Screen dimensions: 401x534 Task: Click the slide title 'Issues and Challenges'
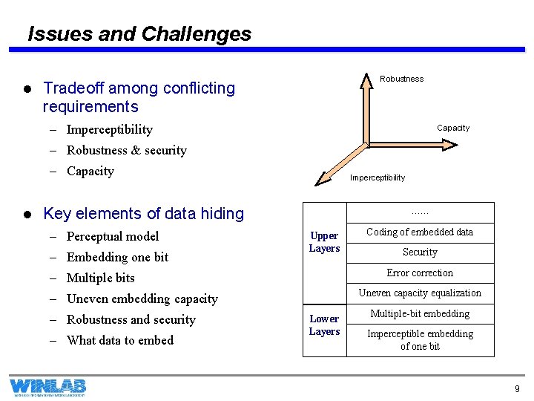[139, 34]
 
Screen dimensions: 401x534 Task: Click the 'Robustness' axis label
[401, 79]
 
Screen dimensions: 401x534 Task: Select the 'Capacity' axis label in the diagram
[452, 128]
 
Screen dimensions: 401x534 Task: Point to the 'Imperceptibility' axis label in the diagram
[378, 177]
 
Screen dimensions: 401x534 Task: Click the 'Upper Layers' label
[324, 242]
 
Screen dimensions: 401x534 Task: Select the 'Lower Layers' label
[324, 325]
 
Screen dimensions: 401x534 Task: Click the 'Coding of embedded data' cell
[420, 232]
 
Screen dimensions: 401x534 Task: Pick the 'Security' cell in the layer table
[420, 252]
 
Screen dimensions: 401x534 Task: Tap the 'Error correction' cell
[420, 273]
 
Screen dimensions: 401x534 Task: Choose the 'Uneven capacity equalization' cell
[420, 293]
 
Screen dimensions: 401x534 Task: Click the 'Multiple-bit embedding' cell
[420, 314]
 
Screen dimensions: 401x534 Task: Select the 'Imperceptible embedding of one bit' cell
[420, 340]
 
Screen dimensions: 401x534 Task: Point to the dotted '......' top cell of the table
[420, 212]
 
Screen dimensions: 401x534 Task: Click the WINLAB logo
[47, 387]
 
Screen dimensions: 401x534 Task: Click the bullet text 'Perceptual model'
[113, 236]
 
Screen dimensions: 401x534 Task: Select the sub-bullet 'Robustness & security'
[126, 150]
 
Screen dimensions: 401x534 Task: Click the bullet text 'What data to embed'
[119, 340]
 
